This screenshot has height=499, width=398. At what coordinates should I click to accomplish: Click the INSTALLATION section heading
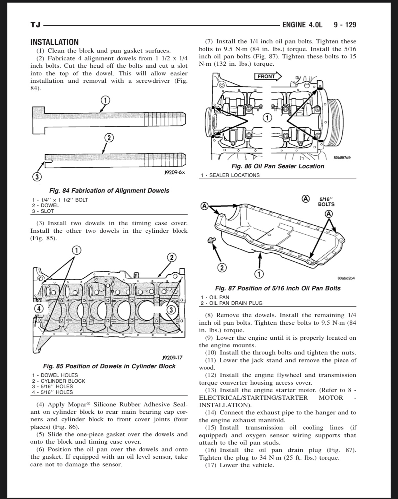(54, 42)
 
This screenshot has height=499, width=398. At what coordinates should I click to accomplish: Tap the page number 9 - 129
(344, 25)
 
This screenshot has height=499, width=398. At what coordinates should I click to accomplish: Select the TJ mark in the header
(35, 25)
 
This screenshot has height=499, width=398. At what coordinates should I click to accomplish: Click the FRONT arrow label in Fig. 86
(267, 76)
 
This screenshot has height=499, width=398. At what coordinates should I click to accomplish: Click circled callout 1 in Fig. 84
(106, 100)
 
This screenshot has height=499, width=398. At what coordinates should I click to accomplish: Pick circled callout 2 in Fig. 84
(109, 138)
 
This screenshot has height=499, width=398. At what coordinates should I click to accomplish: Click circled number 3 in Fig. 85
(171, 310)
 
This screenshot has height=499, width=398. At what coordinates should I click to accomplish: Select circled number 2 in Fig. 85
(172, 257)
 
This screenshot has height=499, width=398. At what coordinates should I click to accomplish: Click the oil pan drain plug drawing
(212, 240)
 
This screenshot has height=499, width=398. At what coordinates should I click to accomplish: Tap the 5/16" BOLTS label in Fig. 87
(326, 202)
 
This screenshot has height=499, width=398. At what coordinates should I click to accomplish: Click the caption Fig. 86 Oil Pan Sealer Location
(278, 166)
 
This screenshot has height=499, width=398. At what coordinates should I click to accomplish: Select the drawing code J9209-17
(172, 357)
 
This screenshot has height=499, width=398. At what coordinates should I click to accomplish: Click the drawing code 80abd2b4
(346, 278)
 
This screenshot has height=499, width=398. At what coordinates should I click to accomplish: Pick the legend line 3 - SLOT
(43, 211)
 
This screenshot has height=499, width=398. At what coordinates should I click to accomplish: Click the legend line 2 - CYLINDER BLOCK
(59, 381)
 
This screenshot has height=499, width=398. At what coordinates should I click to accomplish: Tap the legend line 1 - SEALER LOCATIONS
(230, 175)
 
